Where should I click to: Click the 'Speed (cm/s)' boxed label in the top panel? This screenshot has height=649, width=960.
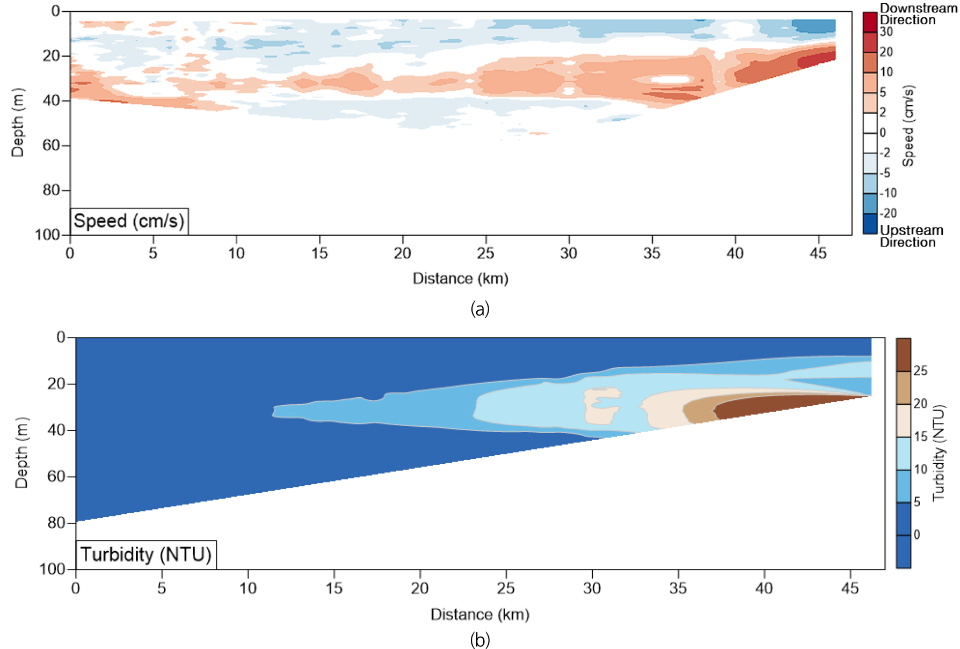[129, 221]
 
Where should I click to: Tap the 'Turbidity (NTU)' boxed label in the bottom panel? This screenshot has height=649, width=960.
[146, 555]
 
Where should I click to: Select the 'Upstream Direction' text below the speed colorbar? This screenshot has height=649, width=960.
[911, 236]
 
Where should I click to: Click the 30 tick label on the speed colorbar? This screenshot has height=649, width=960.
[886, 32]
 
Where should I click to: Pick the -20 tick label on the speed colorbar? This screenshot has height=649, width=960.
[889, 213]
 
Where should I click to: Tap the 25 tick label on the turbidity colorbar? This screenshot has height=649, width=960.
[920, 371]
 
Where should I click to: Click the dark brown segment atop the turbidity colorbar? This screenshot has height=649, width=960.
[903, 354]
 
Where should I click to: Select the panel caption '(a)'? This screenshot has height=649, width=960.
[479, 309]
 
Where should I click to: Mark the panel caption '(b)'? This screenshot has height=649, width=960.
[479, 640]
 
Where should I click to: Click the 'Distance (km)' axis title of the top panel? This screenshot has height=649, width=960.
[460, 279]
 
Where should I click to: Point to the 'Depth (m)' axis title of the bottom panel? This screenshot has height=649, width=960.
[21, 453]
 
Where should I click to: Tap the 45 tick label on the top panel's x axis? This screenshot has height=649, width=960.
[818, 253]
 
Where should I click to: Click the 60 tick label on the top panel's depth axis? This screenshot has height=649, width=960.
[51, 145]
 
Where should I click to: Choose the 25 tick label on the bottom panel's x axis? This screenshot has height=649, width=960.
[506, 589]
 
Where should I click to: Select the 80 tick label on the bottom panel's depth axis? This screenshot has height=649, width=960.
[56, 523]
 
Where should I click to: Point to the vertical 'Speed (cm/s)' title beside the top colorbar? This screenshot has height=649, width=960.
[908, 126]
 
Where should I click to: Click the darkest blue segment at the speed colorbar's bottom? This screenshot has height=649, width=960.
[870, 224]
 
